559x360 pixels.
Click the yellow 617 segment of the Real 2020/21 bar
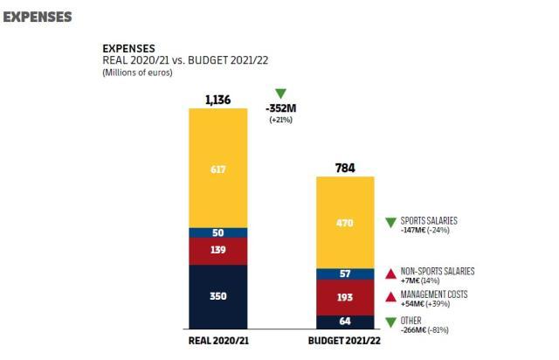(x=218, y=169)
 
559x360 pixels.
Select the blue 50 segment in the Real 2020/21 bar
(x=218, y=233)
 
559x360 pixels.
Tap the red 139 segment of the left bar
(x=218, y=251)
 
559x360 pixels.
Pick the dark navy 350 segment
(x=218, y=296)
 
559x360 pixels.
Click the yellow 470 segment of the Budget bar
(x=345, y=223)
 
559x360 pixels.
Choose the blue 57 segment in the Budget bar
(x=345, y=273)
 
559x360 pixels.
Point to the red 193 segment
(x=345, y=297)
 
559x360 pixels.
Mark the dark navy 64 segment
(x=345, y=322)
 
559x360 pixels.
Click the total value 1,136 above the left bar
(x=218, y=100)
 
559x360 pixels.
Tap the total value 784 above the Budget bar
(x=345, y=167)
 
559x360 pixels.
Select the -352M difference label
(x=280, y=108)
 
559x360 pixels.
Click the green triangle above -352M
(x=280, y=93)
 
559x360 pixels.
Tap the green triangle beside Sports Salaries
(x=390, y=223)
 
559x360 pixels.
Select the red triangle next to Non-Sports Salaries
(x=390, y=274)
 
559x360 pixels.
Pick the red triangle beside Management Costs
(x=390, y=297)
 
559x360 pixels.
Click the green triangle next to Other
(x=390, y=322)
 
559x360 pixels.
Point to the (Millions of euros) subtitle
(x=137, y=72)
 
